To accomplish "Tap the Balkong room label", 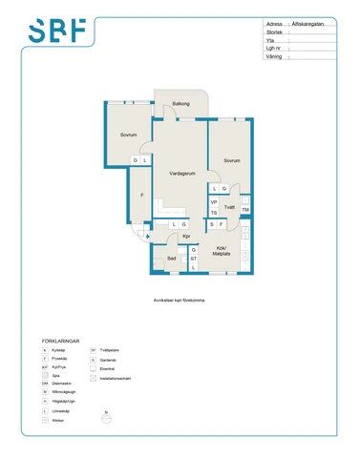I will pos(180,103).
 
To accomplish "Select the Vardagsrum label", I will pos(182,174).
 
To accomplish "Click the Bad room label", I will pos(171,258).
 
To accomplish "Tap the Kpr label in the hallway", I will pos(187,236).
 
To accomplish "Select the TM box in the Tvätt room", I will pos(245,210).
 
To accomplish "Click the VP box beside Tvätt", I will pos(214,202).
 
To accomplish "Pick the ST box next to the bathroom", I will pos(194,258).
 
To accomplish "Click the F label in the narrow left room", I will pos(141,196).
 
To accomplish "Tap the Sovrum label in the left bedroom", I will pos(129,135).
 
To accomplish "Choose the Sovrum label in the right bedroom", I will pos(231,160).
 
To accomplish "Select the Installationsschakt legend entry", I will pos(119,378).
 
